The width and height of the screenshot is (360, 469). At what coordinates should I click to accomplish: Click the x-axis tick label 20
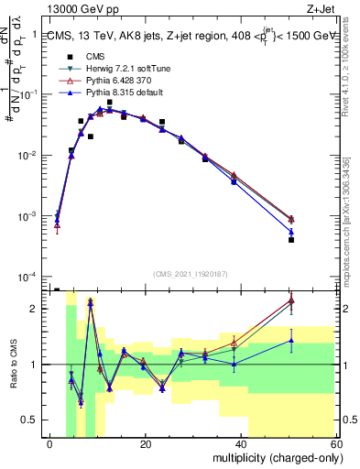click(146, 444)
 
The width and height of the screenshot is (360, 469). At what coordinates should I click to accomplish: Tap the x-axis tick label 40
click(241, 444)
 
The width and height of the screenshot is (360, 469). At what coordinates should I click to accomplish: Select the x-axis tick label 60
click(335, 444)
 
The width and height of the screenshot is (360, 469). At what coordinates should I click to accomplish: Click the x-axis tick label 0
click(50, 444)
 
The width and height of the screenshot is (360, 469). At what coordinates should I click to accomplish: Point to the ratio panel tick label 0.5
click(29, 420)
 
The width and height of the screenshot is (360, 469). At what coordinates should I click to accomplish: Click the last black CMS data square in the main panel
click(316, 240)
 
